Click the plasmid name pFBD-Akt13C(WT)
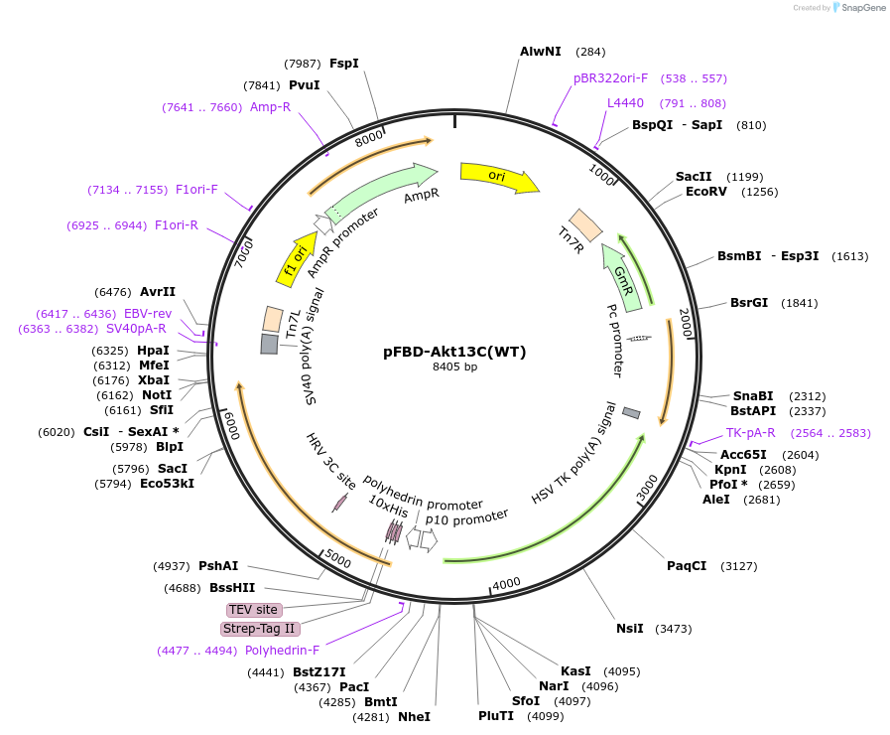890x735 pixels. (x=454, y=352)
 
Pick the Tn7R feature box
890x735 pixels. (x=584, y=225)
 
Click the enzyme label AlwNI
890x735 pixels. (x=540, y=52)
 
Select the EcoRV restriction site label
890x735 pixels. (x=705, y=192)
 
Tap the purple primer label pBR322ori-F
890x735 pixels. (x=610, y=77)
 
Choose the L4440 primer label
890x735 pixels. (x=625, y=103)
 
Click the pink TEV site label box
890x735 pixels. (x=253, y=610)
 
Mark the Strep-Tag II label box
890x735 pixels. (x=259, y=629)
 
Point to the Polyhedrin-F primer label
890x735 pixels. (x=282, y=651)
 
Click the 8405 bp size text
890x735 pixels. (x=454, y=367)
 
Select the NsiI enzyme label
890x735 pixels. (x=629, y=628)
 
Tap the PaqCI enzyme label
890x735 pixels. (x=687, y=566)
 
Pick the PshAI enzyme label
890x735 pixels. (x=218, y=566)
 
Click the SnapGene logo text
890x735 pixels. (x=861, y=8)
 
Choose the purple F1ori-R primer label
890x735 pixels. (x=177, y=225)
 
